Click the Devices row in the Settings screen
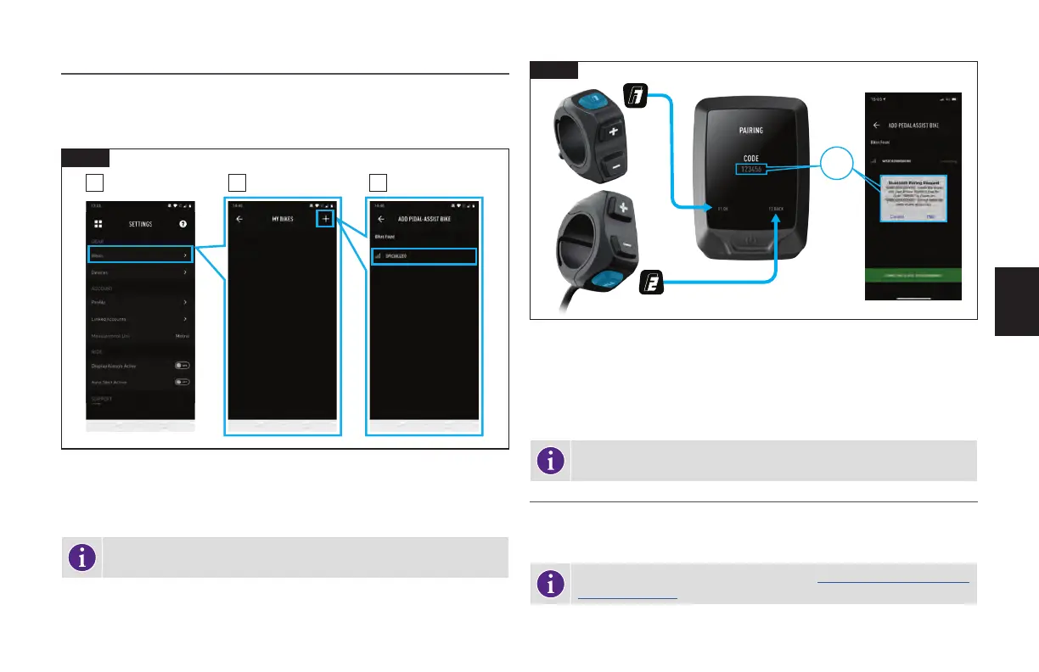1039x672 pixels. pos(141,273)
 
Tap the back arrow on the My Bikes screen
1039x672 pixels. pos(239,219)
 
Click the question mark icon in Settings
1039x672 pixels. pos(182,224)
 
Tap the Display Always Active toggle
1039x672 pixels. pos(181,366)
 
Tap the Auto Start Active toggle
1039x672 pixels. pos(181,382)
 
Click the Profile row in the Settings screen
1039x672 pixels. pos(141,302)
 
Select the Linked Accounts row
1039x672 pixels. pos(141,319)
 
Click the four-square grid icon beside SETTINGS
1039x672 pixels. pos(98,224)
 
